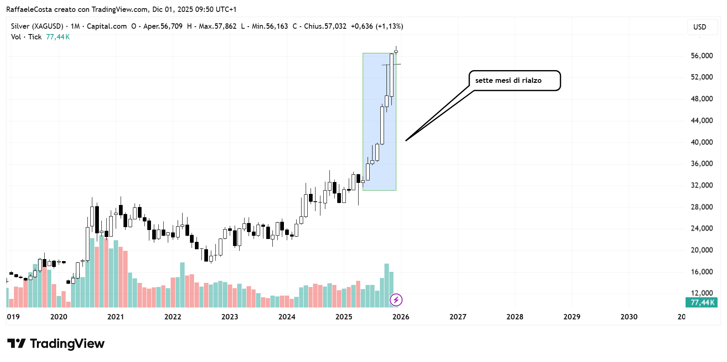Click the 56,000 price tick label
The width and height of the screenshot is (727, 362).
[702, 56]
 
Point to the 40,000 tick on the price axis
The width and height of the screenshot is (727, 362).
[702, 142]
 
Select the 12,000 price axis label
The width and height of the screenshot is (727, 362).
[702, 293]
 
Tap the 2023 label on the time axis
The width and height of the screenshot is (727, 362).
[230, 317]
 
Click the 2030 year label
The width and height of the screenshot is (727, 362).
[629, 317]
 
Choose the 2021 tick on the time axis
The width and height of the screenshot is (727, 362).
[116, 317]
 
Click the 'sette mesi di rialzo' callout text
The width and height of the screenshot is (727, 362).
[508, 80]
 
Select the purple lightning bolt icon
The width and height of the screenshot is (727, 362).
[396, 300]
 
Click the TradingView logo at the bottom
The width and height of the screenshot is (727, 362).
[56, 344]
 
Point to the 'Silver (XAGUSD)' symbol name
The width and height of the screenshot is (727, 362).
[37, 26]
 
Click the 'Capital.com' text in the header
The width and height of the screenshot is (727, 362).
[107, 26]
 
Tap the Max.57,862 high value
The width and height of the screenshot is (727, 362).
[217, 26]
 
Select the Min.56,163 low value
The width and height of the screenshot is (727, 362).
[270, 26]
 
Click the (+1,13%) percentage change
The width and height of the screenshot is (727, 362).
[389, 26]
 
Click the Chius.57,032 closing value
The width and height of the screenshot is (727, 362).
[325, 26]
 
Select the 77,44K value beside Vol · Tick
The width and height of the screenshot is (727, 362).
[58, 37]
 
